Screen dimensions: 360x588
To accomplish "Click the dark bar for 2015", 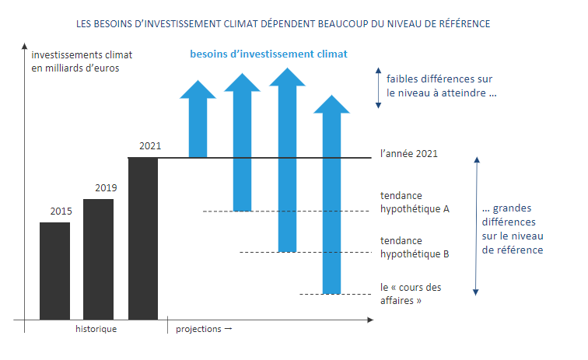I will [54, 271].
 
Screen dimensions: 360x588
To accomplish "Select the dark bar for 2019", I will [98, 259].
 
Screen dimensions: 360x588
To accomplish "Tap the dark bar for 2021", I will [143, 238].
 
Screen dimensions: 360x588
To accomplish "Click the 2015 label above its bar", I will [61, 211].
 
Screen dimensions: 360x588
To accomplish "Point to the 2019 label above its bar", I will [106, 188].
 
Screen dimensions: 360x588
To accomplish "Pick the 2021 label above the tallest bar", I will [150, 146].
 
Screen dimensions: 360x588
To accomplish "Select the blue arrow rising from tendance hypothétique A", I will [243, 140].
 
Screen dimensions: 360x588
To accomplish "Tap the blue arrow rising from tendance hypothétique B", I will [287, 159].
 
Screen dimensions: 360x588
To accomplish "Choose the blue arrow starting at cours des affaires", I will [332, 194].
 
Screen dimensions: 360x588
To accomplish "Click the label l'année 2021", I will [409, 154].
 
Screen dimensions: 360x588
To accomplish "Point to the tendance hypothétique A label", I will [415, 203].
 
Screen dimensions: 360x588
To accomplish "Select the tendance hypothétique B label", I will [415, 247].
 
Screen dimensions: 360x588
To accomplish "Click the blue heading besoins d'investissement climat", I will [268, 54].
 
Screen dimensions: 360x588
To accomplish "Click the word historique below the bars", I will [96, 329].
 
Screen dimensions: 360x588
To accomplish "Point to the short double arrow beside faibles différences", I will [377, 86].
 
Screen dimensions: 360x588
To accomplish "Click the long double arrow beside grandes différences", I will [477, 225].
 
